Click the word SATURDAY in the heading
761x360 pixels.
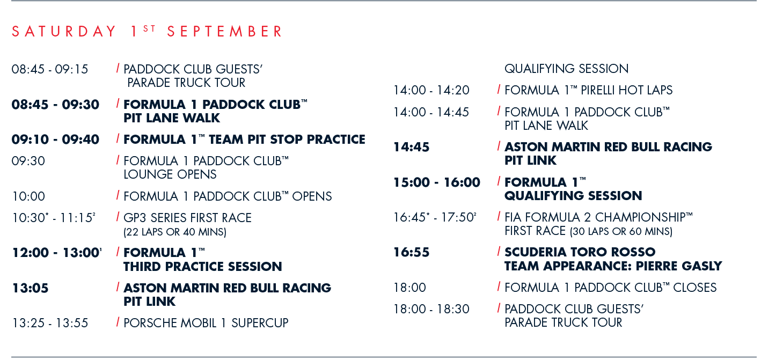pyautogui.click(x=64, y=32)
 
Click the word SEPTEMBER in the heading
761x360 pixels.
pyautogui.click(x=224, y=32)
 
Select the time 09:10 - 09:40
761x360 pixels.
pyautogui.click(x=55, y=139)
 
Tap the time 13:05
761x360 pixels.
pyautogui.click(x=30, y=288)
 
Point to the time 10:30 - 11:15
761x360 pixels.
pyautogui.click(x=54, y=218)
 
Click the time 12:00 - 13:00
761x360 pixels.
pyautogui.click(x=57, y=253)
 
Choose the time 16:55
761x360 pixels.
pyautogui.click(x=412, y=252)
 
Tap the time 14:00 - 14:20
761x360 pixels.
pyautogui.click(x=431, y=90)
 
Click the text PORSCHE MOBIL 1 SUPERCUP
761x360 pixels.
pyautogui.click(x=206, y=323)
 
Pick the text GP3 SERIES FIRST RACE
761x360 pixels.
pyautogui.click(x=187, y=218)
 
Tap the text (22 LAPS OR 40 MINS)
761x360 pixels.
pyautogui.click(x=175, y=232)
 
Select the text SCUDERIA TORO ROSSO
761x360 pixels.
pyautogui.click(x=580, y=252)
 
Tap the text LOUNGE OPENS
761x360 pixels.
pyautogui.click(x=170, y=174)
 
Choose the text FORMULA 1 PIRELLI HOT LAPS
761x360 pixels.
pyautogui.click(x=588, y=90)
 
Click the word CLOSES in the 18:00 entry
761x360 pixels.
pyautogui.click(x=695, y=288)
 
